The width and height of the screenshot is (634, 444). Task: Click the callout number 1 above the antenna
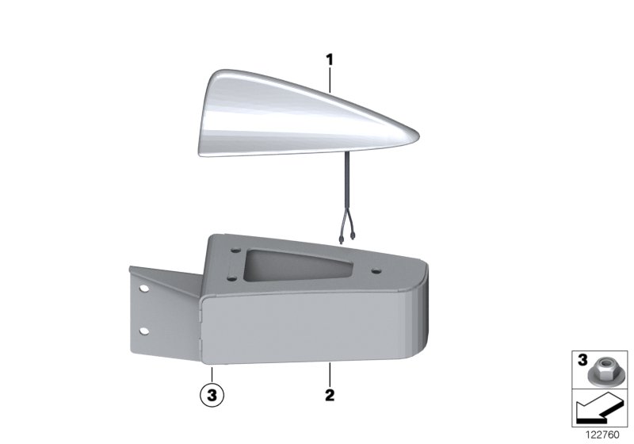(330, 59)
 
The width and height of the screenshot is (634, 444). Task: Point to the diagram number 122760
(602, 434)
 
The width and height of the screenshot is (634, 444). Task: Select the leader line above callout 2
(330, 373)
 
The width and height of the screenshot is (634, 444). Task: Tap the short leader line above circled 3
(211, 373)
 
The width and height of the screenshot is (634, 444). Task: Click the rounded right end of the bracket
(421, 317)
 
